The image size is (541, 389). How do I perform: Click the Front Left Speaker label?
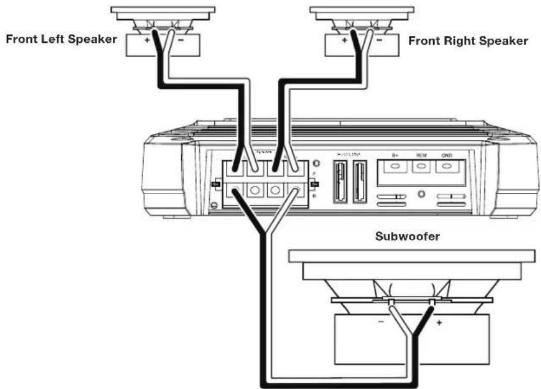coord(61,39)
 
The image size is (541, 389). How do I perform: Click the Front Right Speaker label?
coord(468,41)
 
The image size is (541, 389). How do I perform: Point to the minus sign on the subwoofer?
coord(380,323)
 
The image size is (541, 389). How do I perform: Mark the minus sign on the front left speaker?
coord(182,40)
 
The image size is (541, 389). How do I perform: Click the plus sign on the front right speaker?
coord(345,40)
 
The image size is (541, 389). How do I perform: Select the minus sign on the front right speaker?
coord(381,40)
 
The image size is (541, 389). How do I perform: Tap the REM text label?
coord(421,155)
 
